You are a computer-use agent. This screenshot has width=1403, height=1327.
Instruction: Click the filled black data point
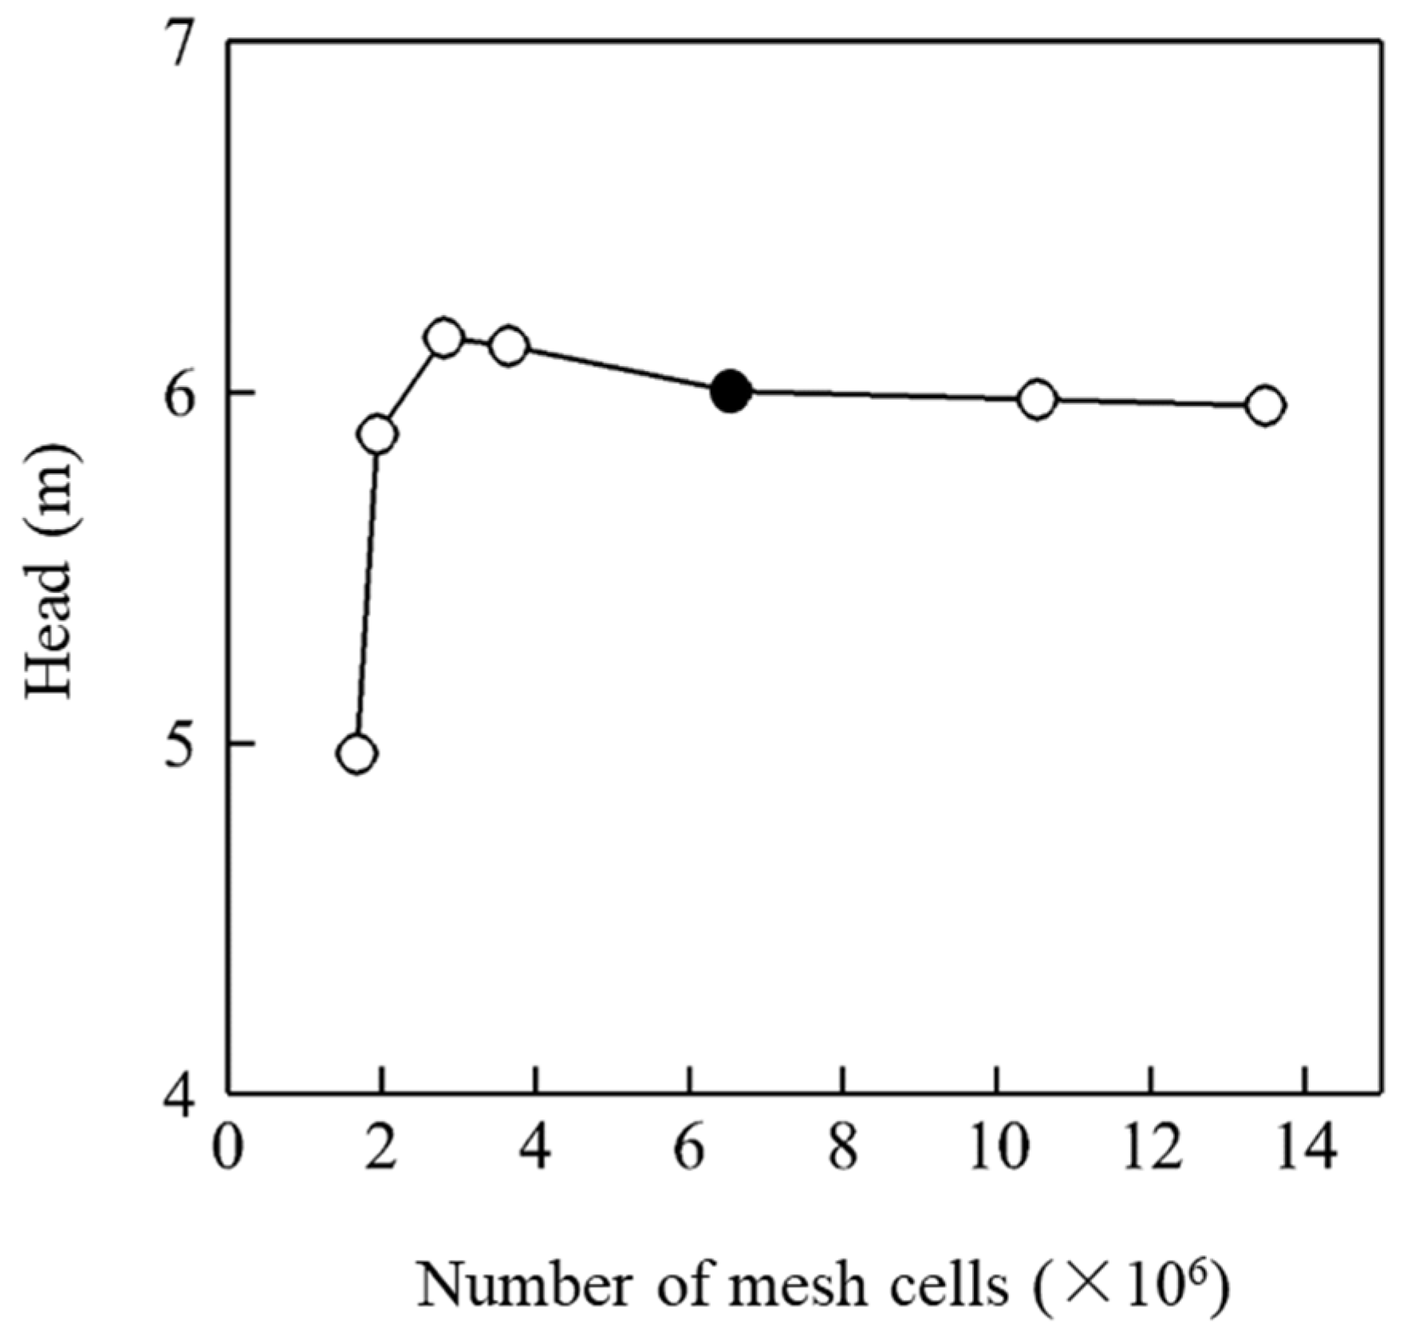(730, 392)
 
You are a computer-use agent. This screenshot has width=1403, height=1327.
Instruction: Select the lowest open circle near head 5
(357, 753)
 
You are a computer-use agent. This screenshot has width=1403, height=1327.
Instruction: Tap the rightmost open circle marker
(1266, 405)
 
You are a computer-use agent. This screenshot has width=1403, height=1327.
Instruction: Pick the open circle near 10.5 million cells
(1037, 399)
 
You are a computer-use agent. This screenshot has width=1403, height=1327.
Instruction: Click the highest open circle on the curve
(444, 338)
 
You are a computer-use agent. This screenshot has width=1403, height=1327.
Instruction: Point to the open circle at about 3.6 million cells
(509, 346)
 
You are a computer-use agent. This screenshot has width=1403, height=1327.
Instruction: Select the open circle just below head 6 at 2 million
(378, 434)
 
